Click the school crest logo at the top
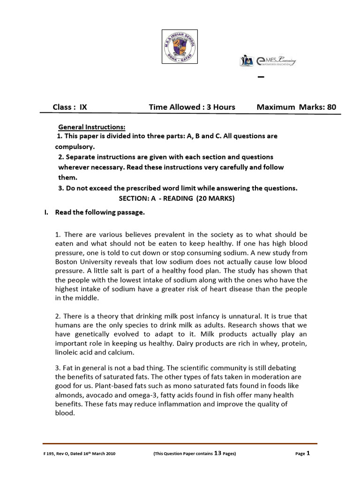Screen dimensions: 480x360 pos(180,46)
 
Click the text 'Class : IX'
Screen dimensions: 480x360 pos(70,107)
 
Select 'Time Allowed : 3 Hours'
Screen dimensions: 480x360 pos(192,107)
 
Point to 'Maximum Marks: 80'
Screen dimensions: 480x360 pos(296,107)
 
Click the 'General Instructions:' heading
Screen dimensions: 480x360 pos(92,127)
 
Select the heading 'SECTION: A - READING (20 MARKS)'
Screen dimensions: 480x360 pos(177,198)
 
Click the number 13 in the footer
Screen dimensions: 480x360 pos(217,453)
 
